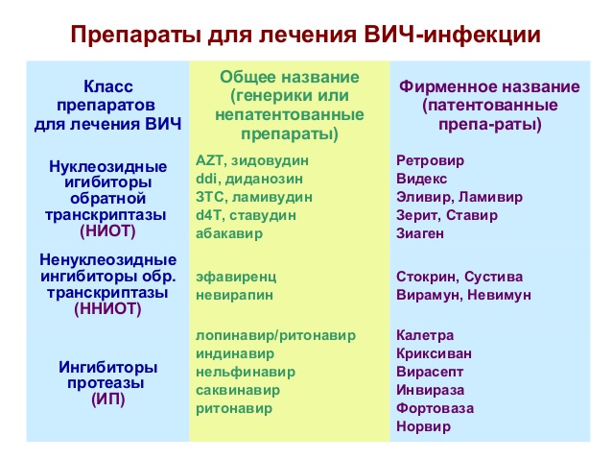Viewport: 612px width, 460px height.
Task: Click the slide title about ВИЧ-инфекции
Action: [306, 36]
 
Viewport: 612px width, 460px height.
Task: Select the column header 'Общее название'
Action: [290, 77]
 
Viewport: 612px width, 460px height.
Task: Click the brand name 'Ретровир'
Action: [428, 161]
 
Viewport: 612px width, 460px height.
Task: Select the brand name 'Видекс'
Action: [422, 180]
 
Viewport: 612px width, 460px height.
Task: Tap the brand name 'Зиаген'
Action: [421, 234]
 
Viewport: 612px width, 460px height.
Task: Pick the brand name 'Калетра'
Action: [425, 335]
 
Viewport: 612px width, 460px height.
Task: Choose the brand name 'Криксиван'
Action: [434, 353]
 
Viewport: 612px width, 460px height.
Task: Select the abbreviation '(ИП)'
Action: [107, 398]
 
